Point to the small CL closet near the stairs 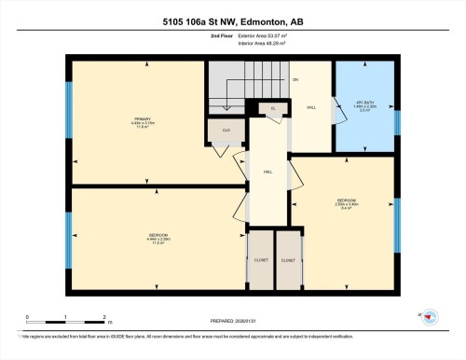click(273, 108)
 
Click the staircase click(237, 89)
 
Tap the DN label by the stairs click(295, 79)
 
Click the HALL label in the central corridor click(267, 173)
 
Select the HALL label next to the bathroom click(311, 107)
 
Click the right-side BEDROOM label click(346, 201)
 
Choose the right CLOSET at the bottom click(289, 260)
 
